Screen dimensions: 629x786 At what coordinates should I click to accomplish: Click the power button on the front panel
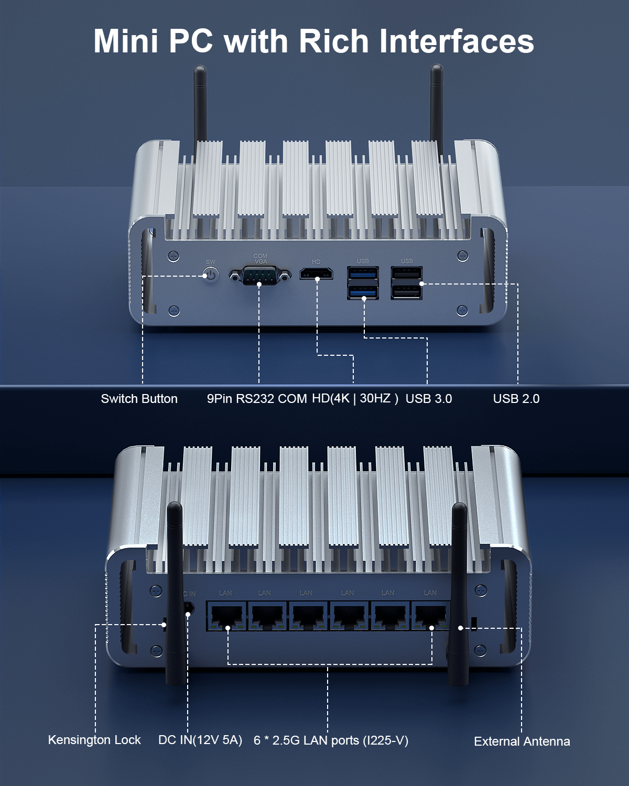[211, 274]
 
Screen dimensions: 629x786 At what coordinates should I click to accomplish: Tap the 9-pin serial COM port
[260, 275]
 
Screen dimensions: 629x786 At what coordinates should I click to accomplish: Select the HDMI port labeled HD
[316, 274]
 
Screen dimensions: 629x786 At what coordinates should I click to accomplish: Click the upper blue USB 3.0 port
[363, 273]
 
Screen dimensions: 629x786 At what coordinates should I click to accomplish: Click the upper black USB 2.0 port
[406, 273]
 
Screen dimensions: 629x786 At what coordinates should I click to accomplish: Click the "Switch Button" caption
[139, 398]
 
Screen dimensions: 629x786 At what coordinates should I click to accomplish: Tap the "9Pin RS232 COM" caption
[257, 398]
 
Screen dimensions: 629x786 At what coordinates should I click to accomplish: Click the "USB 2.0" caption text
[516, 398]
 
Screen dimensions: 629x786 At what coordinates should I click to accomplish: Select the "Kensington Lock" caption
[94, 739]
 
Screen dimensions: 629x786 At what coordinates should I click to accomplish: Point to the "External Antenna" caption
[522, 741]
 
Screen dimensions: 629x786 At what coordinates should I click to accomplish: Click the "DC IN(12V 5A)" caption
[200, 740]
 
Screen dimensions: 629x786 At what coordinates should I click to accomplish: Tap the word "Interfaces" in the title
[457, 41]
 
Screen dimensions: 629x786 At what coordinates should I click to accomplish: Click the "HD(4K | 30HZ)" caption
[355, 398]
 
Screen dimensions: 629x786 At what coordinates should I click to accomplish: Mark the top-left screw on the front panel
[174, 256]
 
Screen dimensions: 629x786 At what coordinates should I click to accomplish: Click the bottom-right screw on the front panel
[462, 310]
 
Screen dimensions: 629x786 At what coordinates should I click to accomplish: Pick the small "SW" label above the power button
[211, 262]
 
